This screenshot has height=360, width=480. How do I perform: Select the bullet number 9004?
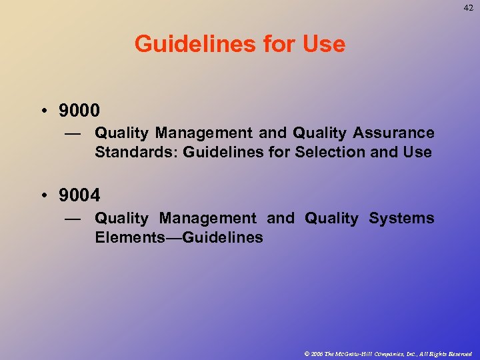[x=79, y=195]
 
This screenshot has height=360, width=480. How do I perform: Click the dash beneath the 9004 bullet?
[x=73, y=219]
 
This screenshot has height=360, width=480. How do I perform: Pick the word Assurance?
[x=398, y=133]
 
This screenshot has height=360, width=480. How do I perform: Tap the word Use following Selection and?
[x=417, y=152]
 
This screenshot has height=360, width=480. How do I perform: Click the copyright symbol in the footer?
[x=307, y=353]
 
